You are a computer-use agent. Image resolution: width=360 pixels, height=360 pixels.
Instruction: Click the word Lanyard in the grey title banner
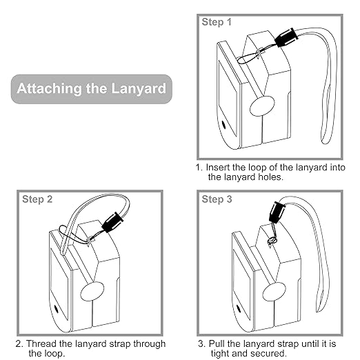pyautogui.click(x=139, y=89)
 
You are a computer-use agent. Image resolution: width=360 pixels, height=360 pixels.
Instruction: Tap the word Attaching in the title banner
pyautogui.click(x=49, y=88)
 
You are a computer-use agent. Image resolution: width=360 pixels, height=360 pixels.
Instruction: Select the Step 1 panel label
pyautogui.click(x=217, y=22)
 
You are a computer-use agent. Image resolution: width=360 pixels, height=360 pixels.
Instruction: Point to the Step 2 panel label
pyautogui.click(x=37, y=199)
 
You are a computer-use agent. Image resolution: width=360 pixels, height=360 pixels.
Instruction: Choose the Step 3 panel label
pyautogui.click(x=217, y=199)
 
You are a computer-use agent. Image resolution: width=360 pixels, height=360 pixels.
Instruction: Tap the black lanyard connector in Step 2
pyautogui.click(x=112, y=223)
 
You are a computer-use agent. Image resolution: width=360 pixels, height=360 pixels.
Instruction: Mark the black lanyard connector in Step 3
pyautogui.click(x=277, y=212)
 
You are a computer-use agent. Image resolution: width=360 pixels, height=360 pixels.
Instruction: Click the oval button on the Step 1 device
pyautogui.click(x=262, y=106)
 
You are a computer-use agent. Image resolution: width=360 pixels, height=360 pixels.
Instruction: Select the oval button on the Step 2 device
pyautogui.click(x=92, y=292)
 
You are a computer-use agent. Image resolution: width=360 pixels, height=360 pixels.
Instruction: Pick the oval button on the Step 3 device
pyautogui.click(x=274, y=292)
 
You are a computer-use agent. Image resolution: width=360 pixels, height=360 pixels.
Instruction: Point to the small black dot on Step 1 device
pyautogui.click(x=223, y=124)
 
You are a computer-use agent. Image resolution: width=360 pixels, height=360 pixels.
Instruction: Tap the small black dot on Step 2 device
pyautogui.click(x=56, y=309)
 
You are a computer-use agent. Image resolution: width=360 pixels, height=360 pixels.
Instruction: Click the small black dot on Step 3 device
pyautogui.click(x=239, y=309)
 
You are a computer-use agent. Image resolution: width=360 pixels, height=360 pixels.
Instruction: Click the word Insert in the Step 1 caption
pyautogui.click(x=218, y=168)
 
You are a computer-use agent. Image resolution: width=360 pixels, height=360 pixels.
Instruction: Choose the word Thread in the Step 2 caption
pyautogui.click(x=41, y=343)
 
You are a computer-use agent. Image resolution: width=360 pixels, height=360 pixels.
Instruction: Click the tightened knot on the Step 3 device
pyautogui.click(x=272, y=241)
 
